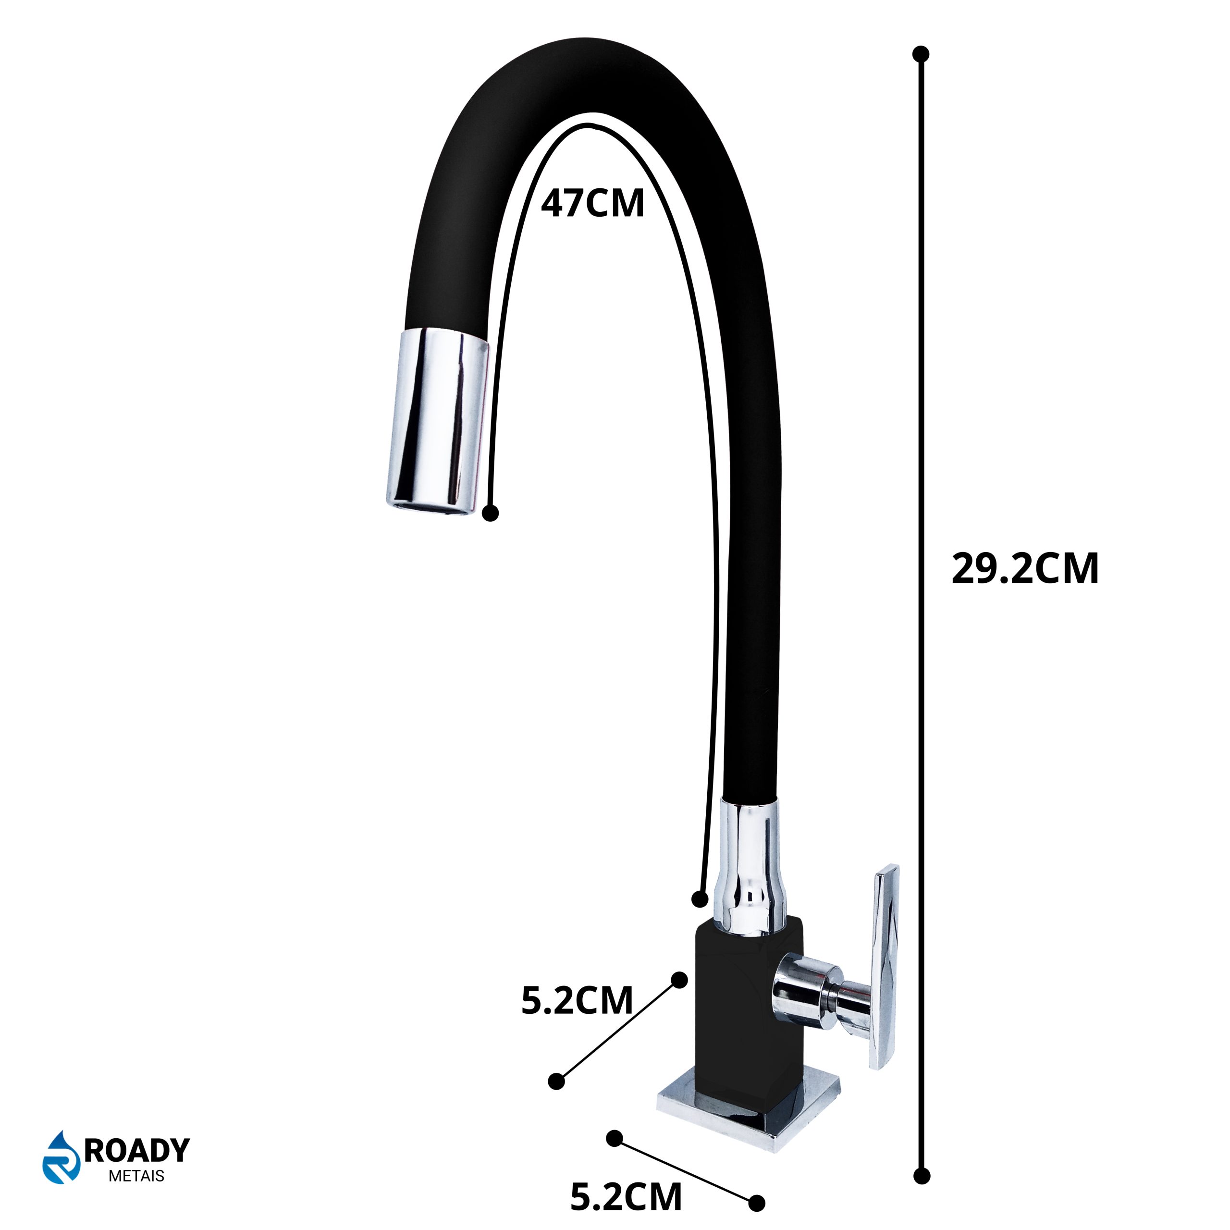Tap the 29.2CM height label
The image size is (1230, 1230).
1025,568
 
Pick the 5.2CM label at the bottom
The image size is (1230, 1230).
626,1196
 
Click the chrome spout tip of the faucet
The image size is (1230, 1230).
439,423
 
